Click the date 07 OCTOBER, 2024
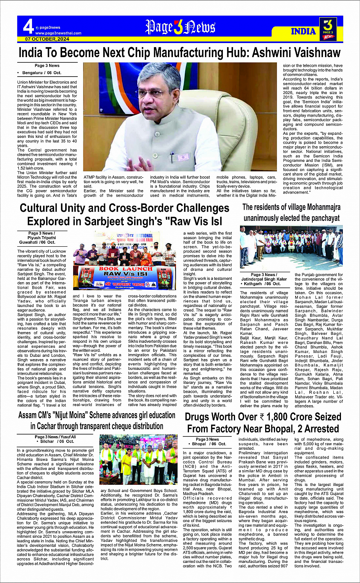pos(47,39)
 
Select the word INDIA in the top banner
pos(303,31)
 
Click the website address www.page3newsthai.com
pos(58,33)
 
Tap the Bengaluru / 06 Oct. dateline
pos(42,72)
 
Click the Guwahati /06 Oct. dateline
pos(37,242)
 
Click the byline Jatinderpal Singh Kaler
pos(264,279)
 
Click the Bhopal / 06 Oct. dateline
pos(209,444)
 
